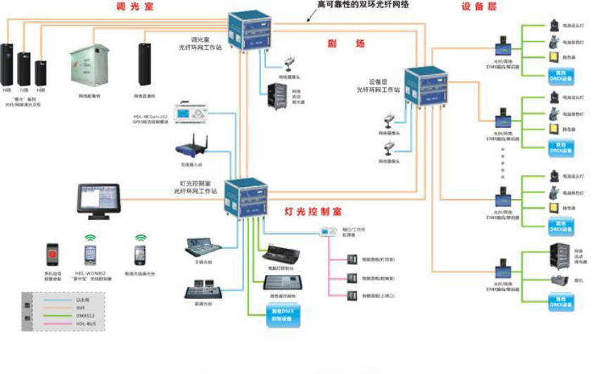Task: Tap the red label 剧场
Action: (345, 44)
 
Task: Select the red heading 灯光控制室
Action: (313, 212)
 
